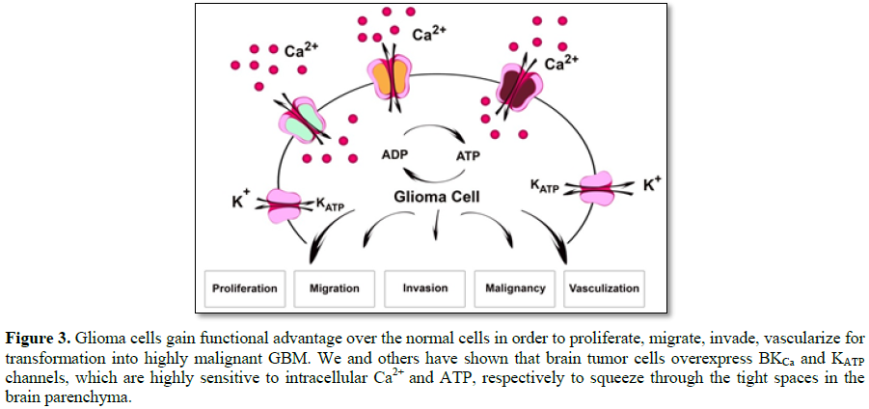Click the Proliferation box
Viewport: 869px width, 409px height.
click(x=246, y=287)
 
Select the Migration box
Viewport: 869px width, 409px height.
click(x=334, y=287)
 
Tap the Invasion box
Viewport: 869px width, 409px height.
click(x=424, y=287)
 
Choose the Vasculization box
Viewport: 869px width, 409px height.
click(x=605, y=287)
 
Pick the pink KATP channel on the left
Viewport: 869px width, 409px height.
click(x=285, y=204)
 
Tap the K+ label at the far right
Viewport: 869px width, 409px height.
click(x=652, y=182)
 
